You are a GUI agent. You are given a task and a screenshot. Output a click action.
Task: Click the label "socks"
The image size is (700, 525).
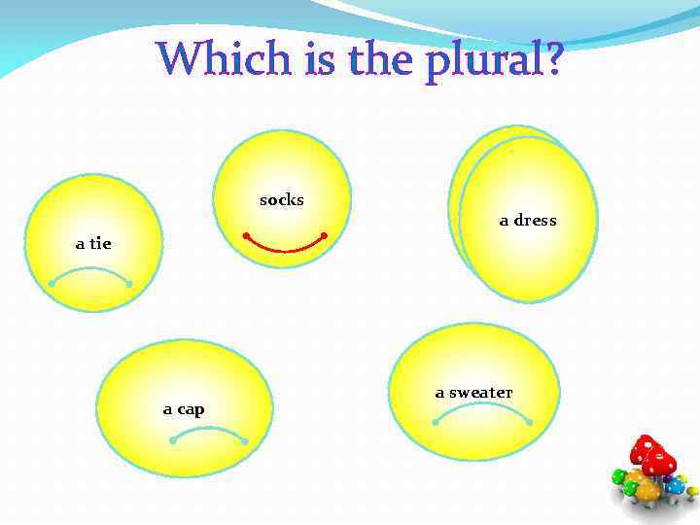(282, 200)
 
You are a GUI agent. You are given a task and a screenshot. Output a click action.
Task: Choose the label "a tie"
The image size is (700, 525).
(93, 243)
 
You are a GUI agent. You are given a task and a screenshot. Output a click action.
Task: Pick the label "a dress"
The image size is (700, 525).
(528, 221)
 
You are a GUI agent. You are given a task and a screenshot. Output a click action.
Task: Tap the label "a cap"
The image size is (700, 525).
(184, 409)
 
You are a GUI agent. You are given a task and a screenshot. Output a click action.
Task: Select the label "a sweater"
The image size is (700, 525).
(473, 393)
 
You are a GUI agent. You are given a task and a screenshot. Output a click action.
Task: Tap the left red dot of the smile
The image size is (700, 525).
(246, 235)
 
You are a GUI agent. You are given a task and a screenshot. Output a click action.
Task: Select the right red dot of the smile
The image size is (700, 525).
(324, 235)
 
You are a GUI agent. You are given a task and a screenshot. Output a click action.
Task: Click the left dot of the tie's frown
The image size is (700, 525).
(52, 283)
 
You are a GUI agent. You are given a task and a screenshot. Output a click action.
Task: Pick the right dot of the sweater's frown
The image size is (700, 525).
(529, 422)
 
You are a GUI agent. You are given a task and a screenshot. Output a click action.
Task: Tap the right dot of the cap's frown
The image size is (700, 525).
(245, 441)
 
